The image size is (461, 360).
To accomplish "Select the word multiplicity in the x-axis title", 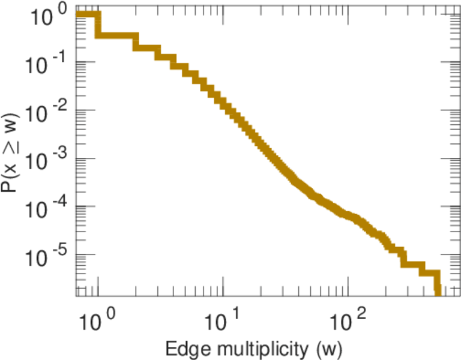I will point(253,348).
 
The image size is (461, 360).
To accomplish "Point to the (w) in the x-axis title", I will point(329,348).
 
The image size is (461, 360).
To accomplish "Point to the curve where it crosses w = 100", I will point(348,215).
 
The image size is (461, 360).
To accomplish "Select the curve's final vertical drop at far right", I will point(438,283).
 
